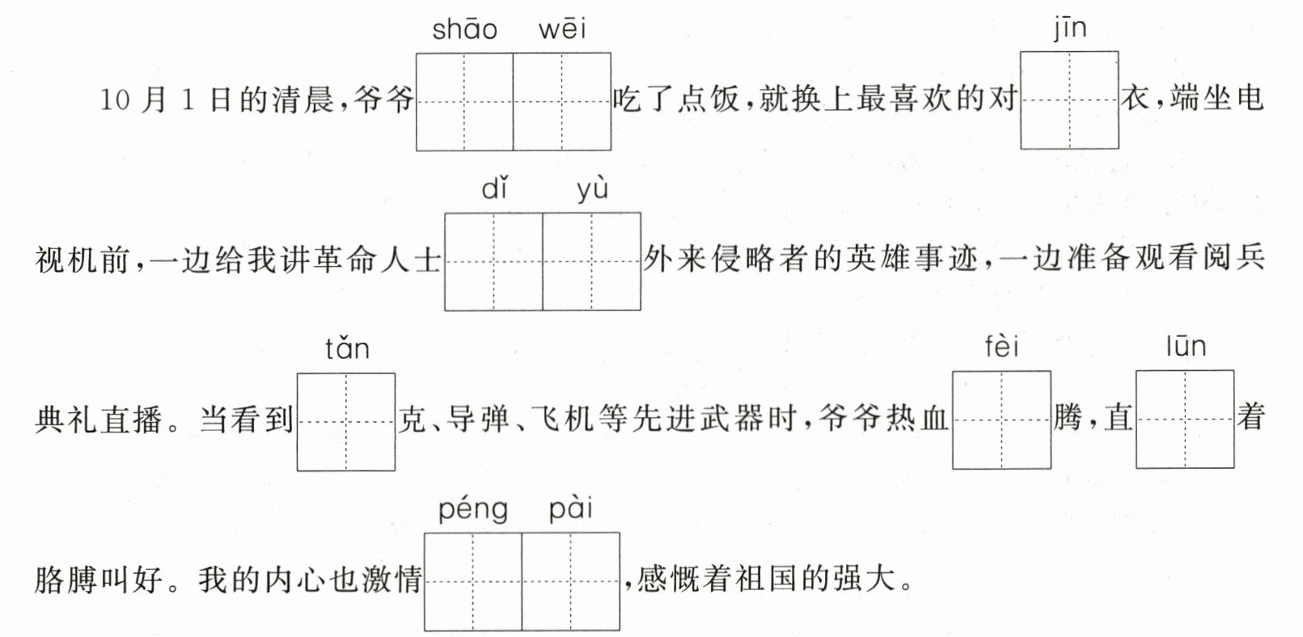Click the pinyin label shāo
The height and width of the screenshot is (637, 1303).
[465, 30]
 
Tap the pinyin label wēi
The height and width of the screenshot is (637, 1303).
[562, 30]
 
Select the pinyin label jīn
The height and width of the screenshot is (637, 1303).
[1070, 29]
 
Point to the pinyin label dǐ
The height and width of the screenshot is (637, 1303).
[494, 189]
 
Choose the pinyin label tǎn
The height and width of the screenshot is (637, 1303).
[347, 348]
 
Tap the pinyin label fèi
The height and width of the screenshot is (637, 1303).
[1001, 347]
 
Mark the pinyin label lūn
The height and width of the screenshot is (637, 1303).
[1186, 347]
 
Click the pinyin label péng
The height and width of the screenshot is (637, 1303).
[473, 510]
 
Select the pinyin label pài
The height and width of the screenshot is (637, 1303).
[571, 510]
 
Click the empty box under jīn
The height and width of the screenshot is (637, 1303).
[1069, 100]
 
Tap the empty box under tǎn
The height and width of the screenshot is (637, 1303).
[346, 422]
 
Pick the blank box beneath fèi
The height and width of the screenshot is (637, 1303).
[1001, 420]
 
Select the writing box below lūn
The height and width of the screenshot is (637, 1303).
[1185, 419]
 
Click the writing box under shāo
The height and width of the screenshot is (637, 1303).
[464, 102]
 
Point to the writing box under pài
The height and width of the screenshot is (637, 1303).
[571, 581]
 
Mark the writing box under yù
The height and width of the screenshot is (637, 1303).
[591, 262]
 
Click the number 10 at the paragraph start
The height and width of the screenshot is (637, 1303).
[115, 100]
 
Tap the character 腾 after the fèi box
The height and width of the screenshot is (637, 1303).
[1068, 419]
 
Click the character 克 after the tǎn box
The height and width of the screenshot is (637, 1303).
[412, 420]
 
